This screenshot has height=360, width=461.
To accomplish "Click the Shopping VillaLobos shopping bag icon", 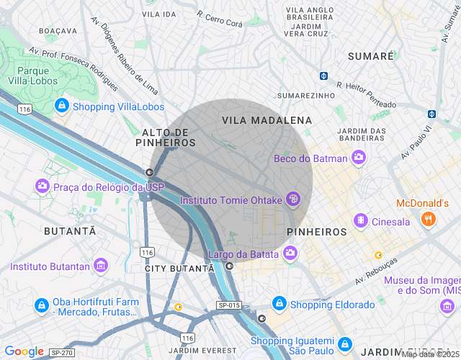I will (x=62, y=107).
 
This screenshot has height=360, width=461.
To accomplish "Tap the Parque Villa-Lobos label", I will (x=32, y=76).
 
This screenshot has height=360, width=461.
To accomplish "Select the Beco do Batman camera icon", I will (x=358, y=158).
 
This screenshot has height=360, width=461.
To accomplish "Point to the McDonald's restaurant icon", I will (x=429, y=219).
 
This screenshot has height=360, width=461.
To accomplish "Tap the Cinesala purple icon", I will (x=360, y=222).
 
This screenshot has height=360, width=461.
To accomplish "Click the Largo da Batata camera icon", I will (x=290, y=253).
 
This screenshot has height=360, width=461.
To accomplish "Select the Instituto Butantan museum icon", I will (x=102, y=266).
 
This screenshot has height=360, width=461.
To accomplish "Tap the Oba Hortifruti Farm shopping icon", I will (x=42, y=307).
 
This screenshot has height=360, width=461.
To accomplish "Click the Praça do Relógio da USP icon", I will (x=42, y=187).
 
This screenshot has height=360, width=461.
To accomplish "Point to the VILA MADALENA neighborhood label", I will (x=267, y=120).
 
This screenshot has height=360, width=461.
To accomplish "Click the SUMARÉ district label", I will (x=370, y=55).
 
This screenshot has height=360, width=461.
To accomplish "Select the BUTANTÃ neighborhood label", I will (x=70, y=231).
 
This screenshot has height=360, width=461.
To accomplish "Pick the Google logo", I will (x=24, y=351).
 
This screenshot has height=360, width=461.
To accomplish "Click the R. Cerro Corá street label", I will (x=220, y=19).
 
